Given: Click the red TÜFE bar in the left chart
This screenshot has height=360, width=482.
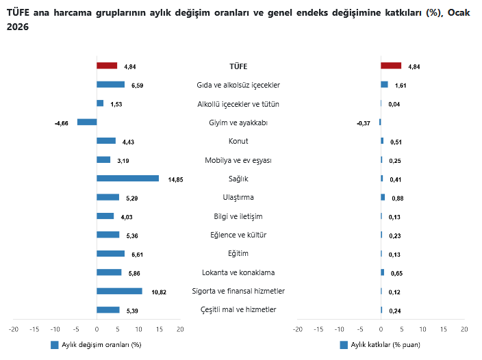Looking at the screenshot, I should coord(107,66).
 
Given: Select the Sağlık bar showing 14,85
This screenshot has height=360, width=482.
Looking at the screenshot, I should coord(127,179).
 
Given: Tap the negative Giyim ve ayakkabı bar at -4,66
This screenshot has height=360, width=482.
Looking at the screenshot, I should coord(87,122).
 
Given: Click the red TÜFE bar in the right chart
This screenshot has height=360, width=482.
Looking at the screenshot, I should coord(391,66).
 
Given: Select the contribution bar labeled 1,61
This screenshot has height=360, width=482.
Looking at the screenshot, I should coord(384,85).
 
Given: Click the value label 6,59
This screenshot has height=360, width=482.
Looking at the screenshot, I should coord(137,86).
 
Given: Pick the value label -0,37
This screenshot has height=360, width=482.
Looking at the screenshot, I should coord(363,123).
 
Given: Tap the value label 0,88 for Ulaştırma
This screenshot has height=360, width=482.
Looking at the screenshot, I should coord(398,198).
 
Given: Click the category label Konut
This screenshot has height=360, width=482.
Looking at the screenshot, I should coord(238,141).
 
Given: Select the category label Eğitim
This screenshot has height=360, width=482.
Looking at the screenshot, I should coord(238,254).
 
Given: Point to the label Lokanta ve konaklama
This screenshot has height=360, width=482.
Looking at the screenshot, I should coord(238,272).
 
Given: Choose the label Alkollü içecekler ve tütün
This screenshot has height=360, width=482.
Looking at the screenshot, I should coord(238,104).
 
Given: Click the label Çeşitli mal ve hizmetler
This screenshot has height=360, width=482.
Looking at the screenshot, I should coord(238,310).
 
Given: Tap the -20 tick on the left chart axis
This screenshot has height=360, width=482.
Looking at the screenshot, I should coord(13,329).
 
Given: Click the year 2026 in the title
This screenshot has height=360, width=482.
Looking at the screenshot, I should coord(20,25).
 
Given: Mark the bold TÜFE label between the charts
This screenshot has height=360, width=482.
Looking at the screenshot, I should coord(238,66).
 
